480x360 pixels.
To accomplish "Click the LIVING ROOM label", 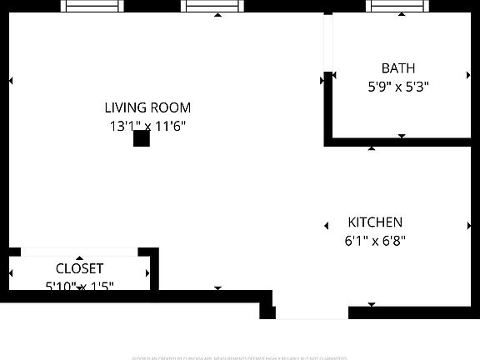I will pos(147,107).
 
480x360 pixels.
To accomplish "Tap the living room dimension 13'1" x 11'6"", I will pos(147,127).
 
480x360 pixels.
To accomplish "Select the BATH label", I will pos(397,68).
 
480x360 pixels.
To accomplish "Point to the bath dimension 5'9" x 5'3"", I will pos(397,86).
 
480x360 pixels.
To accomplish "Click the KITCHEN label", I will pos(375,222).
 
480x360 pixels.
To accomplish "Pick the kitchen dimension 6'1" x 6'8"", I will pos(375,241).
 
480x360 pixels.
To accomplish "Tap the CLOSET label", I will pos(79,268).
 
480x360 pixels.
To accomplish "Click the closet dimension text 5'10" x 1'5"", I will pos(79,286).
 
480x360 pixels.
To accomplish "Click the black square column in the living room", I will pos(142,138).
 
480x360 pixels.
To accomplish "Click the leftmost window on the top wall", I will pos(92,6).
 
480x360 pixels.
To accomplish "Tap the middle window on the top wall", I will pos(212,6).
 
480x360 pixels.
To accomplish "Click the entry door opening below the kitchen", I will pos(312,313).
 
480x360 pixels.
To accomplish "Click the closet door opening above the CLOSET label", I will pos(79,252).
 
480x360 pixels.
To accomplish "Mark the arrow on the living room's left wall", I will pos(11,81).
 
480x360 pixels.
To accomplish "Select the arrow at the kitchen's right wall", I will pos(468,225).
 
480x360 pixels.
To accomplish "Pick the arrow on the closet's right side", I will pos(148,272).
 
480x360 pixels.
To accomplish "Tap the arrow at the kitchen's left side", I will pos(326,225).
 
